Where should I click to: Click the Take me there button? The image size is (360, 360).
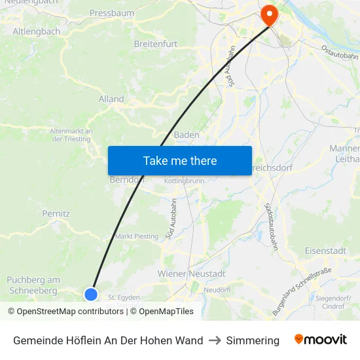coord(180,160)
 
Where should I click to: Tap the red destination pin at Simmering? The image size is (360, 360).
coord(269,14)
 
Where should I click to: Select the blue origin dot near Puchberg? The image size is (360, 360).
coord(91,295)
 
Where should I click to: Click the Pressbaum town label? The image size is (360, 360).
coord(111,12)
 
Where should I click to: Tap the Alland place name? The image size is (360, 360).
coord(111,99)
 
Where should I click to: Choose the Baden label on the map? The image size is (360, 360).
coord(187,135)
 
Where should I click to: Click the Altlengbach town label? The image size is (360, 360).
coord(37,31)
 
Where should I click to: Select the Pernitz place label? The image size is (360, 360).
coord(56,213)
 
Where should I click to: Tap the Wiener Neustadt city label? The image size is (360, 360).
coord(191,273)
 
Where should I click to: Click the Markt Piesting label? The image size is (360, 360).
coord(137,236)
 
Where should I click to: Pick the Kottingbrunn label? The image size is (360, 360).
coord(185,181)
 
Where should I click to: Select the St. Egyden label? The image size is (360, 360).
coord(124,297)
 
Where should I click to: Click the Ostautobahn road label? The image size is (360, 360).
coord(340,53)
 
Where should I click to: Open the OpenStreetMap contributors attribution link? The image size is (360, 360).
coord(65,312)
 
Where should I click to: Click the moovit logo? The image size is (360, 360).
coord(321,340)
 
